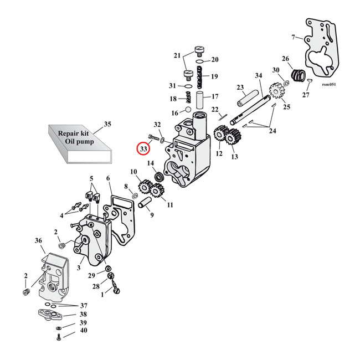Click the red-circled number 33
click(143, 148)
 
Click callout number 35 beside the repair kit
click(107, 124)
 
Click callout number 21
click(177, 56)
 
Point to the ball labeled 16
click(188, 111)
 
